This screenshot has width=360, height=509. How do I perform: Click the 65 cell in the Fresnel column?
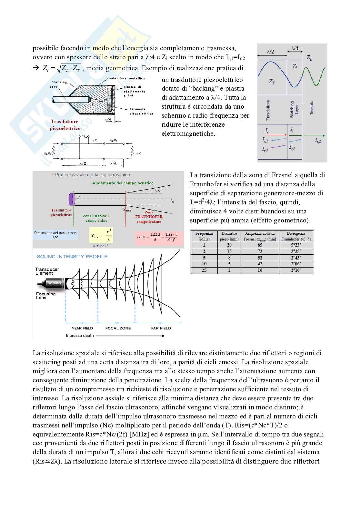[x=260, y=245]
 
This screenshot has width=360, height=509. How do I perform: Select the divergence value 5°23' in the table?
[x=296, y=245]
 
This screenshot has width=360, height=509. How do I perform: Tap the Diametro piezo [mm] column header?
[x=229, y=236]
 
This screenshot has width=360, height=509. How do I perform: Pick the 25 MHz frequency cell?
[x=204, y=270]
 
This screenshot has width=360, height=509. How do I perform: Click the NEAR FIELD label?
[x=82, y=328]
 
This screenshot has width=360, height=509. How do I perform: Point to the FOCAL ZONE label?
[x=118, y=328]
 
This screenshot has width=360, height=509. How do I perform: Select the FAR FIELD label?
[x=161, y=328]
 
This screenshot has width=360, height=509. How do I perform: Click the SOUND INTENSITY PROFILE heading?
[x=72, y=257]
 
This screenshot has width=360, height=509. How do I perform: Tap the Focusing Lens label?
[x=46, y=296]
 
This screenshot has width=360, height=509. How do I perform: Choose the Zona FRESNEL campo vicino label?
[x=96, y=218]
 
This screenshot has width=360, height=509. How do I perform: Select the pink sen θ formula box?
[x=159, y=237]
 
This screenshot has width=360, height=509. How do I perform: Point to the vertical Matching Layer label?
[x=294, y=109]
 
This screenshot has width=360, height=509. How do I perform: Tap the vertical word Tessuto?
[x=312, y=108]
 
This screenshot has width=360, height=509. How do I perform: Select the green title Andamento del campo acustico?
[x=123, y=183]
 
